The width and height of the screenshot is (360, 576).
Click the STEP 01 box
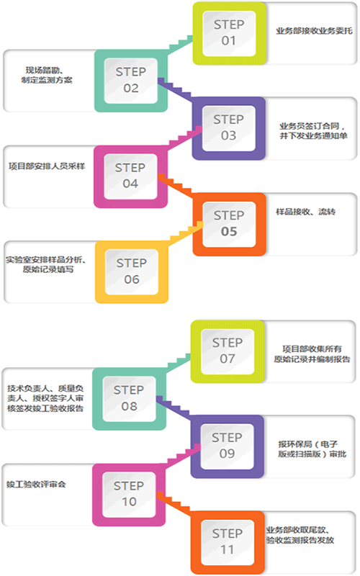click(x=230, y=33)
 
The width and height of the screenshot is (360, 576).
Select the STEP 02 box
click(x=131, y=81)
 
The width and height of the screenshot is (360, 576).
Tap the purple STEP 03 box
click(x=229, y=128)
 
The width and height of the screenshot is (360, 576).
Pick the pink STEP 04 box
click(x=131, y=176)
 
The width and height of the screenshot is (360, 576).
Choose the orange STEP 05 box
click(x=229, y=224)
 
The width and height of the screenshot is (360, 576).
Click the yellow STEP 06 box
click(x=132, y=272)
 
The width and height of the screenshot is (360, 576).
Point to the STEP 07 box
click(x=228, y=351)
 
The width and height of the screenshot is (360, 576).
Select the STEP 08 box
click(x=130, y=399)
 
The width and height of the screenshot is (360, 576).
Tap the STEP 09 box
click(x=228, y=446)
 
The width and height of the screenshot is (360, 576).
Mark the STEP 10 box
click(x=129, y=495)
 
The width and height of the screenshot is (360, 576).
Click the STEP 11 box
click(x=228, y=542)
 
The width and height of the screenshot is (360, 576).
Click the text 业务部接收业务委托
click(x=314, y=31)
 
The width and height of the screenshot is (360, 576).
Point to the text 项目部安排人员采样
click(x=47, y=166)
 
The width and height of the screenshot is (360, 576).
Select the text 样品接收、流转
click(x=305, y=212)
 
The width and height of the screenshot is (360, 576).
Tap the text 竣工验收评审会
click(x=36, y=484)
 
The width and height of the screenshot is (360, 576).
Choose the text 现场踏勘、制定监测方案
click(x=47, y=75)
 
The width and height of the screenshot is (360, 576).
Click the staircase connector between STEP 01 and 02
click(x=181, y=45)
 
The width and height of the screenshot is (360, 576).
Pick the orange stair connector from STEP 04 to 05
click(x=176, y=184)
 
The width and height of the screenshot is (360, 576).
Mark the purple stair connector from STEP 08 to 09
click(x=174, y=407)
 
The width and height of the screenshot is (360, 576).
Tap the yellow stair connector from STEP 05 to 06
click(x=186, y=232)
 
